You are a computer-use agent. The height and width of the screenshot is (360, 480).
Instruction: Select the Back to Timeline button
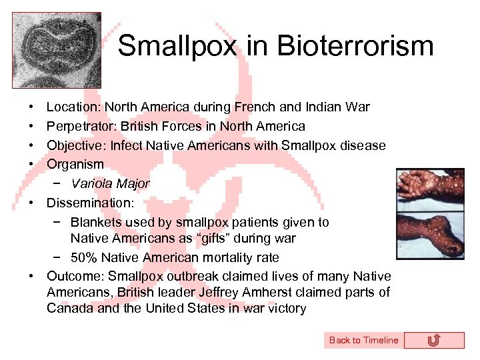(363, 340)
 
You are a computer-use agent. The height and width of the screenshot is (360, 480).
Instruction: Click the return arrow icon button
(433, 340)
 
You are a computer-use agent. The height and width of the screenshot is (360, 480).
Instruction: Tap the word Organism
(75, 164)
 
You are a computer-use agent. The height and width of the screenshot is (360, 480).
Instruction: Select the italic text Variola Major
(110, 183)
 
